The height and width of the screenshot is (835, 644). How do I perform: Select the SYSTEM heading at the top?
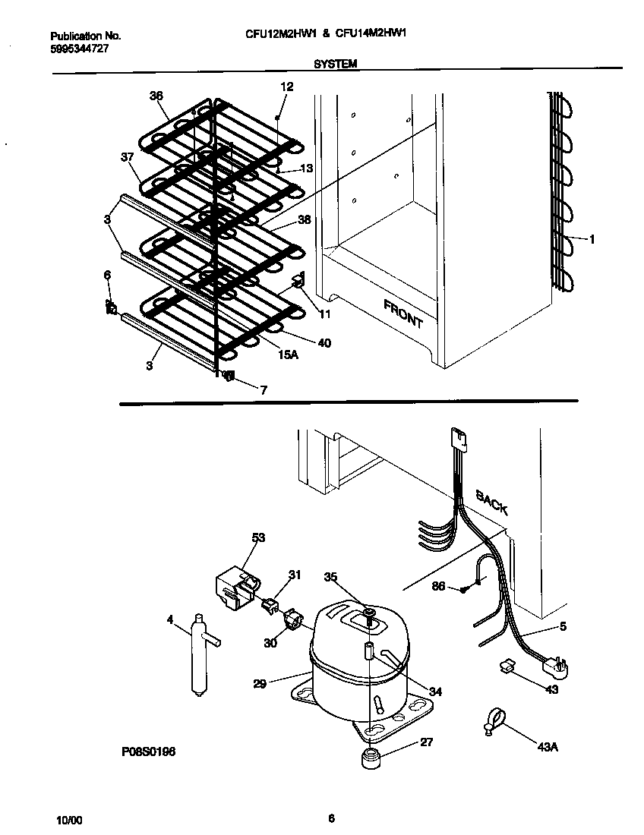click(335, 65)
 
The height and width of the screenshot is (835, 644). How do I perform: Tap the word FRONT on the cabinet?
click(403, 314)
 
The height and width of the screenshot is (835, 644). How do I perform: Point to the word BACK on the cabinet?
click(491, 502)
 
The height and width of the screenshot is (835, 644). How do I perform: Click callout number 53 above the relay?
click(259, 538)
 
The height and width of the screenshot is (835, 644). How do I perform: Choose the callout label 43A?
click(547, 747)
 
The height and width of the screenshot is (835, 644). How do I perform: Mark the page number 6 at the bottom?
click(331, 818)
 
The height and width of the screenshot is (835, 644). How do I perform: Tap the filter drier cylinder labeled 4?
click(200, 653)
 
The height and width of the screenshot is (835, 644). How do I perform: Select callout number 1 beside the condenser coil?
click(592, 239)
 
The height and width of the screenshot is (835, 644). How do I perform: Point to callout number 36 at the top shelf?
click(156, 96)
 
